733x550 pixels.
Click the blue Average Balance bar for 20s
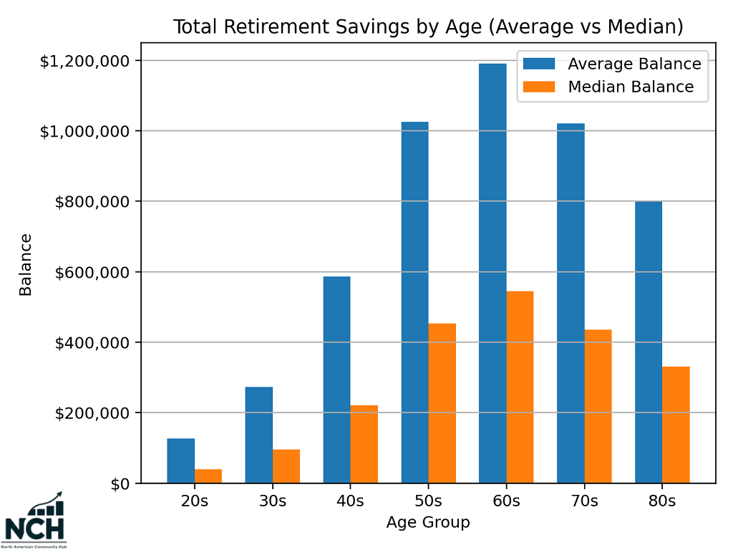coord(180,460)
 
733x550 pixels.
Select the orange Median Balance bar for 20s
coord(208,476)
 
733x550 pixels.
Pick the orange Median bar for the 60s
coord(520,387)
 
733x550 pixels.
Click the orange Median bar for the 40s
coord(364,444)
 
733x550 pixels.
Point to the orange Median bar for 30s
coord(286,466)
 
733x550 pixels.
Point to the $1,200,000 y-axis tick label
coord(85,61)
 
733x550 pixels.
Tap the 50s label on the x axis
coord(428,501)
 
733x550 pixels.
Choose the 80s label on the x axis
coord(662,501)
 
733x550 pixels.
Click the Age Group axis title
coord(428,523)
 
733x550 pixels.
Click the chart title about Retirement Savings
coord(428,27)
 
